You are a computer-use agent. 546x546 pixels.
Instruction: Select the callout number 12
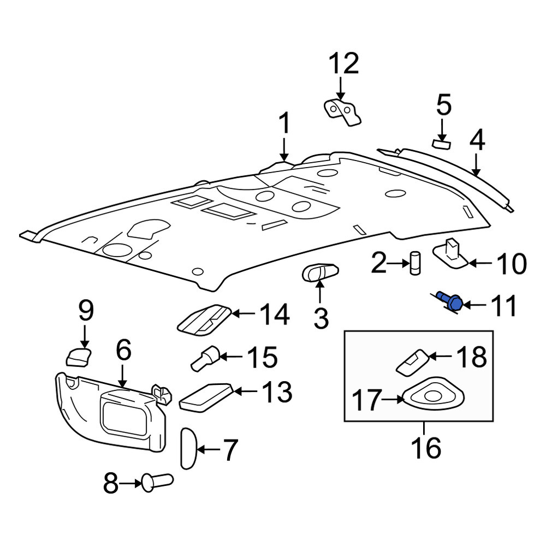pyautogui.click(x=343, y=64)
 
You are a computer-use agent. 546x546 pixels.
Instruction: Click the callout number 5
pyautogui.click(x=443, y=105)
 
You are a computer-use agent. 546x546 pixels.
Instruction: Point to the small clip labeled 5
pyautogui.click(x=441, y=144)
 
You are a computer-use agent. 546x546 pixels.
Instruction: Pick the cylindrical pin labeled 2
pyautogui.click(x=415, y=263)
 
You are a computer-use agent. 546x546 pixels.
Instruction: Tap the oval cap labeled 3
pyautogui.click(x=320, y=272)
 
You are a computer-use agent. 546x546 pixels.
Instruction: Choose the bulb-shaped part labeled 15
pyautogui.click(x=205, y=358)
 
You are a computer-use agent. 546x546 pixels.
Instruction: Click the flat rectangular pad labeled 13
pyautogui.click(x=206, y=397)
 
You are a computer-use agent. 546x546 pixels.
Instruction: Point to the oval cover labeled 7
pyautogui.click(x=189, y=449)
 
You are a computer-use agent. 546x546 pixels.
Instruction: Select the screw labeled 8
pyautogui.click(x=157, y=482)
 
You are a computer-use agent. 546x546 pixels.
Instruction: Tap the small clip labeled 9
pyautogui.click(x=78, y=357)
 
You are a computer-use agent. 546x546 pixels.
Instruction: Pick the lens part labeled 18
pyautogui.click(x=413, y=362)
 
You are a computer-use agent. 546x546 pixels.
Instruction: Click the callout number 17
pyautogui.click(x=367, y=400)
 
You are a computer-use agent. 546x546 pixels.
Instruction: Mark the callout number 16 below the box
pyautogui.click(x=426, y=448)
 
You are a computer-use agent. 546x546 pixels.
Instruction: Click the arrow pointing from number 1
pyautogui.click(x=284, y=150)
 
